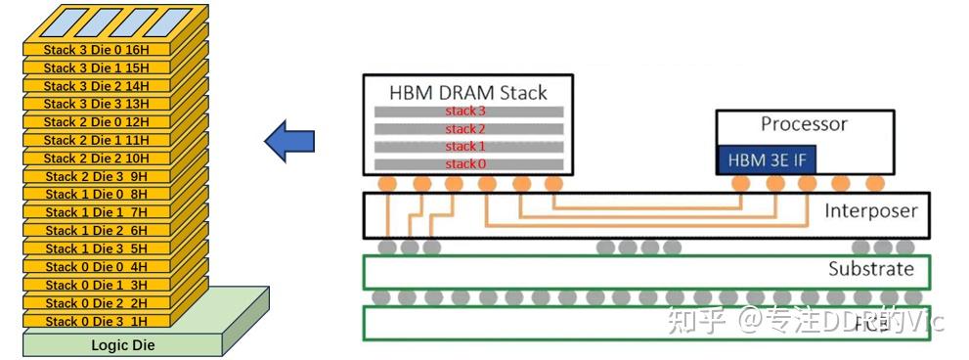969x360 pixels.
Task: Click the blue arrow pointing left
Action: click(x=289, y=143)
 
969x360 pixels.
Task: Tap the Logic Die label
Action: click(x=122, y=345)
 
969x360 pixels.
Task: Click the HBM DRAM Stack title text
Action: click(x=467, y=93)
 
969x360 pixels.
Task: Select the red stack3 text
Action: click(x=465, y=112)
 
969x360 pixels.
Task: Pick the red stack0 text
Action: click(x=465, y=163)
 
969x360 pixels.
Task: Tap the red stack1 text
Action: click(x=465, y=147)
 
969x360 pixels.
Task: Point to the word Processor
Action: click(x=804, y=124)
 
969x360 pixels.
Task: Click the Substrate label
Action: click(x=869, y=269)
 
